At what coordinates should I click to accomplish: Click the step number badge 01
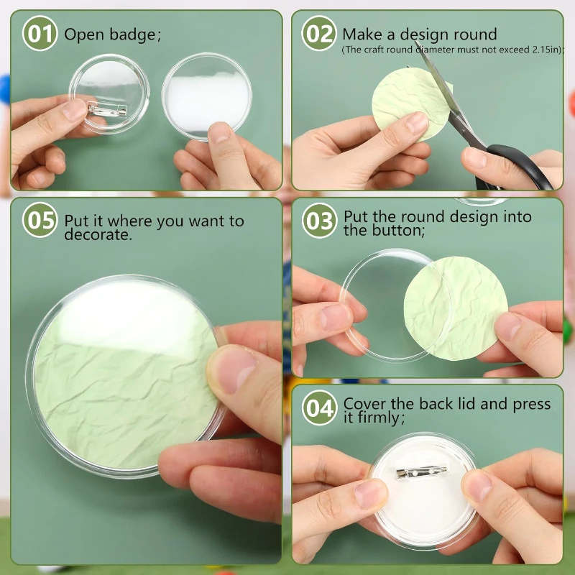[40, 34]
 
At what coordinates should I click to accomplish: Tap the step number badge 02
[318, 34]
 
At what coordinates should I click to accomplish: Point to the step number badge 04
[318, 408]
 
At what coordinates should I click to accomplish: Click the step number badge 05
[40, 221]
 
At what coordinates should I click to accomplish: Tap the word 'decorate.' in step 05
[98, 235]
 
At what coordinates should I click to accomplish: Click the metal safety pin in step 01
[108, 109]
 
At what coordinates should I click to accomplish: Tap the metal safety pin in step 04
[421, 473]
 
